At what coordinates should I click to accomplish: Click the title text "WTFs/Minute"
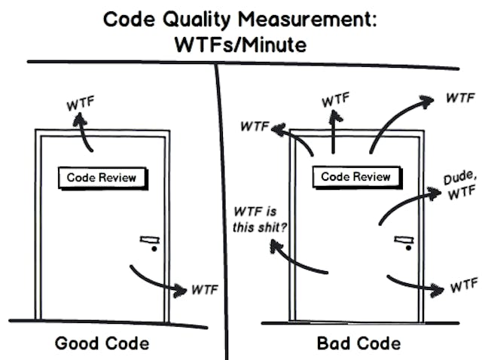[x=241, y=44]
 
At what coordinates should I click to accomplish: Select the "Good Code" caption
[x=102, y=343]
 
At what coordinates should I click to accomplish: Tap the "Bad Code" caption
[x=358, y=343]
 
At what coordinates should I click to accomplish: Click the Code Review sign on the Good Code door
[x=102, y=178]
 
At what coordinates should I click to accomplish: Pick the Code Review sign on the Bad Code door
[x=355, y=177]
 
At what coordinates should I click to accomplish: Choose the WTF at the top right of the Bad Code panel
[x=459, y=99]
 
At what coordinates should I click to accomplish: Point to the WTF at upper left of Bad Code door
[x=255, y=126]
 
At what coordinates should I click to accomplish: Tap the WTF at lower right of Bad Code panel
[x=463, y=286]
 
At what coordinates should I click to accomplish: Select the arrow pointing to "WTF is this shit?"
[x=297, y=260]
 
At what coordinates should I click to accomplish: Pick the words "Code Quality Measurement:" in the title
[x=241, y=19]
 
